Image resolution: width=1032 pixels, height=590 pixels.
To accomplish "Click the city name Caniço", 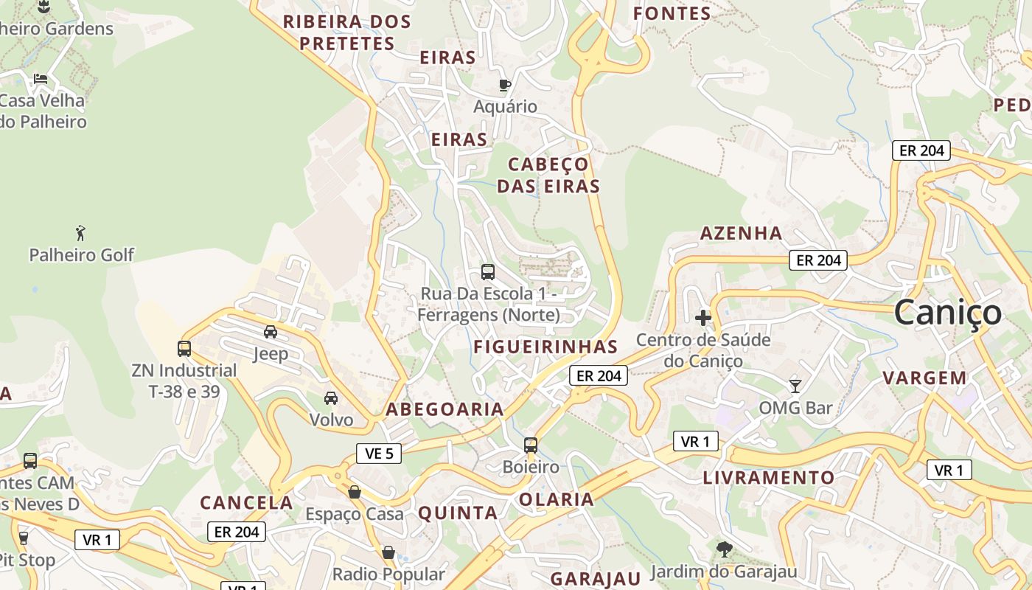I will pyautogui.click(x=948, y=313).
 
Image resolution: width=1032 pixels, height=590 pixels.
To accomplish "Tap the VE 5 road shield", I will pyautogui.click(x=379, y=453).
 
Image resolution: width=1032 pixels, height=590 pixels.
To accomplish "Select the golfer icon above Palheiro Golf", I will pyautogui.click(x=81, y=234).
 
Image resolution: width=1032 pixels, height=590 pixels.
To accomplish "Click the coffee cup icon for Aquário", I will pyautogui.click(x=505, y=85).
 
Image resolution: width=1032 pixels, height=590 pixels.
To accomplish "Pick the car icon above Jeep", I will pyautogui.click(x=271, y=332).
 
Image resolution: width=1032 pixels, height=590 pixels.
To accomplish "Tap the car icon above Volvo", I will pyautogui.click(x=331, y=398).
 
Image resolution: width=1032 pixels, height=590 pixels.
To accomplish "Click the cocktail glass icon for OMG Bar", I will pyautogui.click(x=795, y=386).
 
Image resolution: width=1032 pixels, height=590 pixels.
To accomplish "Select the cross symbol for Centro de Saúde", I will pyautogui.click(x=703, y=318).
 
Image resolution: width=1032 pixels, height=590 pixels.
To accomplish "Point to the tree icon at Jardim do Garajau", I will pyautogui.click(x=724, y=549).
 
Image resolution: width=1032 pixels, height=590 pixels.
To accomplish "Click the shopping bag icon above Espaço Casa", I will pyautogui.click(x=355, y=492).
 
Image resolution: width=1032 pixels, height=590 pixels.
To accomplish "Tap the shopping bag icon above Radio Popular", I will pyautogui.click(x=388, y=552).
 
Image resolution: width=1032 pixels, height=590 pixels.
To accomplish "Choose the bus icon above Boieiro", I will pyautogui.click(x=531, y=445).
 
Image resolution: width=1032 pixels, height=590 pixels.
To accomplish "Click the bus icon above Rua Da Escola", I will pyautogui.click(x=488, y=271).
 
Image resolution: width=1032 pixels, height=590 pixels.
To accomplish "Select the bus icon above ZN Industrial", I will pyautogui.click(x=184, y=348).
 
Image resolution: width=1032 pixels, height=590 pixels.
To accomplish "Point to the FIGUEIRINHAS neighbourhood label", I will pyautogui.click(x=545, y=347).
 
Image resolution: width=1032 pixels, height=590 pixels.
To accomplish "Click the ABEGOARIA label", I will pyautogui.click(x=445, y=409).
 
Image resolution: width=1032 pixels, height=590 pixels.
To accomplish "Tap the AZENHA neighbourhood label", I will pyautogui.click(x=741, y=233).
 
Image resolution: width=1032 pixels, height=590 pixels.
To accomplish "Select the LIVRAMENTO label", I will pyautogui.click(x=769, y=477).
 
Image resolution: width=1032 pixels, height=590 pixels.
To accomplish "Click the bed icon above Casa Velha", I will pyautogui.click(x=41, y=78).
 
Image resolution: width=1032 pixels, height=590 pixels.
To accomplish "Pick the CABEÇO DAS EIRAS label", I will pyautogui.click(x=548, y=175).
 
